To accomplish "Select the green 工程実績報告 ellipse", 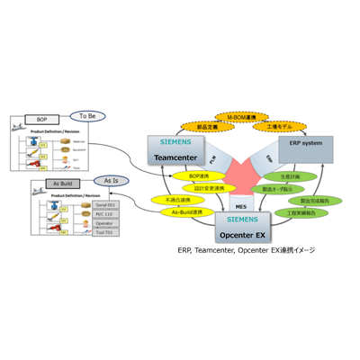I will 296,215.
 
